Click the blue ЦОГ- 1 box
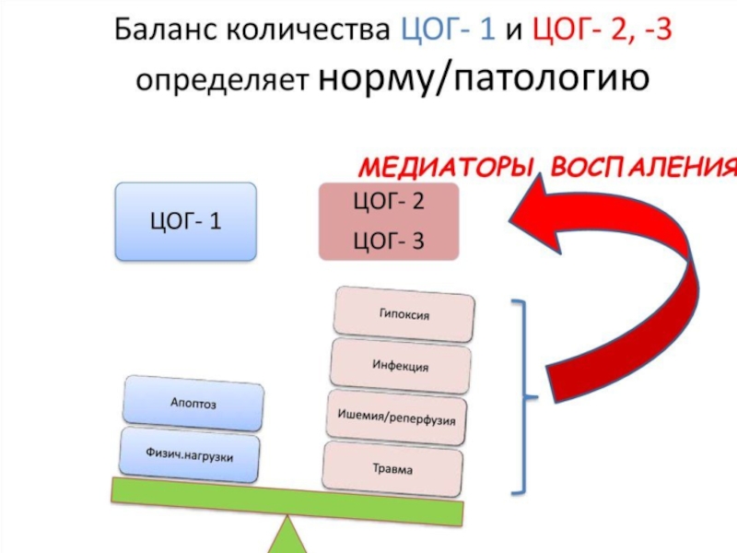point(185,221)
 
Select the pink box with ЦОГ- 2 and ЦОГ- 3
point(388,221)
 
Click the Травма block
point(392,469)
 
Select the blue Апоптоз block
point(193,403)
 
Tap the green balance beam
point(286,500)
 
